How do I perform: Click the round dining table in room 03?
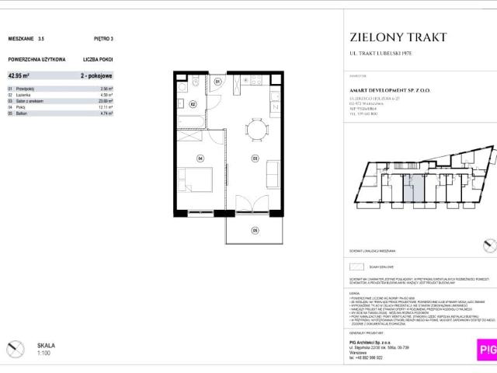252,127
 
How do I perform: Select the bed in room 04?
193,183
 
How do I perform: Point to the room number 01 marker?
217,82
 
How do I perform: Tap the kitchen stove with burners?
252,81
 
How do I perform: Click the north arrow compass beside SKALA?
14,348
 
